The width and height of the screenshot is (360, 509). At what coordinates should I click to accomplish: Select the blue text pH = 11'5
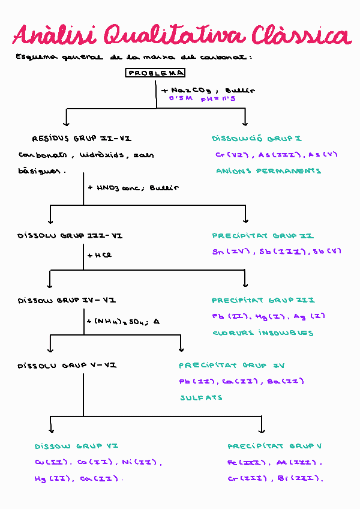pyautogui.click(x=218, y=98)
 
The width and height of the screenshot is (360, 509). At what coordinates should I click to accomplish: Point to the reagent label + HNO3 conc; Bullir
pyautogui.click(x=133, y=187)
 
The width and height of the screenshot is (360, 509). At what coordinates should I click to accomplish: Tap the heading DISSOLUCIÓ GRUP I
pyautogui.click(x=256, y=139)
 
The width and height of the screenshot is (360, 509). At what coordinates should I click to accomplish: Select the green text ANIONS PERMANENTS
pyautogui.click(x=268, y=171)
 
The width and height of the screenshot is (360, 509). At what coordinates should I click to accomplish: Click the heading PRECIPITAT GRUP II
pyautogui.click(x=263, y=236)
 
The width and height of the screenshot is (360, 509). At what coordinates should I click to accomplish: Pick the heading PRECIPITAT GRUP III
pyautogui.click(x=263, y=300)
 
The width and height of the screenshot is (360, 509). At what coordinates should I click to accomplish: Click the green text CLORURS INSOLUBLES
pyautogui.click(x=263, y=333)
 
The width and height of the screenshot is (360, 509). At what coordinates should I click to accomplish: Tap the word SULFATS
pyautogui.click(x=201, y=397)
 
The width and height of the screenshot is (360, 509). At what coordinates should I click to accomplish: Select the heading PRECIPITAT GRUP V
pyautogui.click(x=275, y=446)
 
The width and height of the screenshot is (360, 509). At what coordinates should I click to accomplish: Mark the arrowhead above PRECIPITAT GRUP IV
pyautogui.click(x=181, y=349)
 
